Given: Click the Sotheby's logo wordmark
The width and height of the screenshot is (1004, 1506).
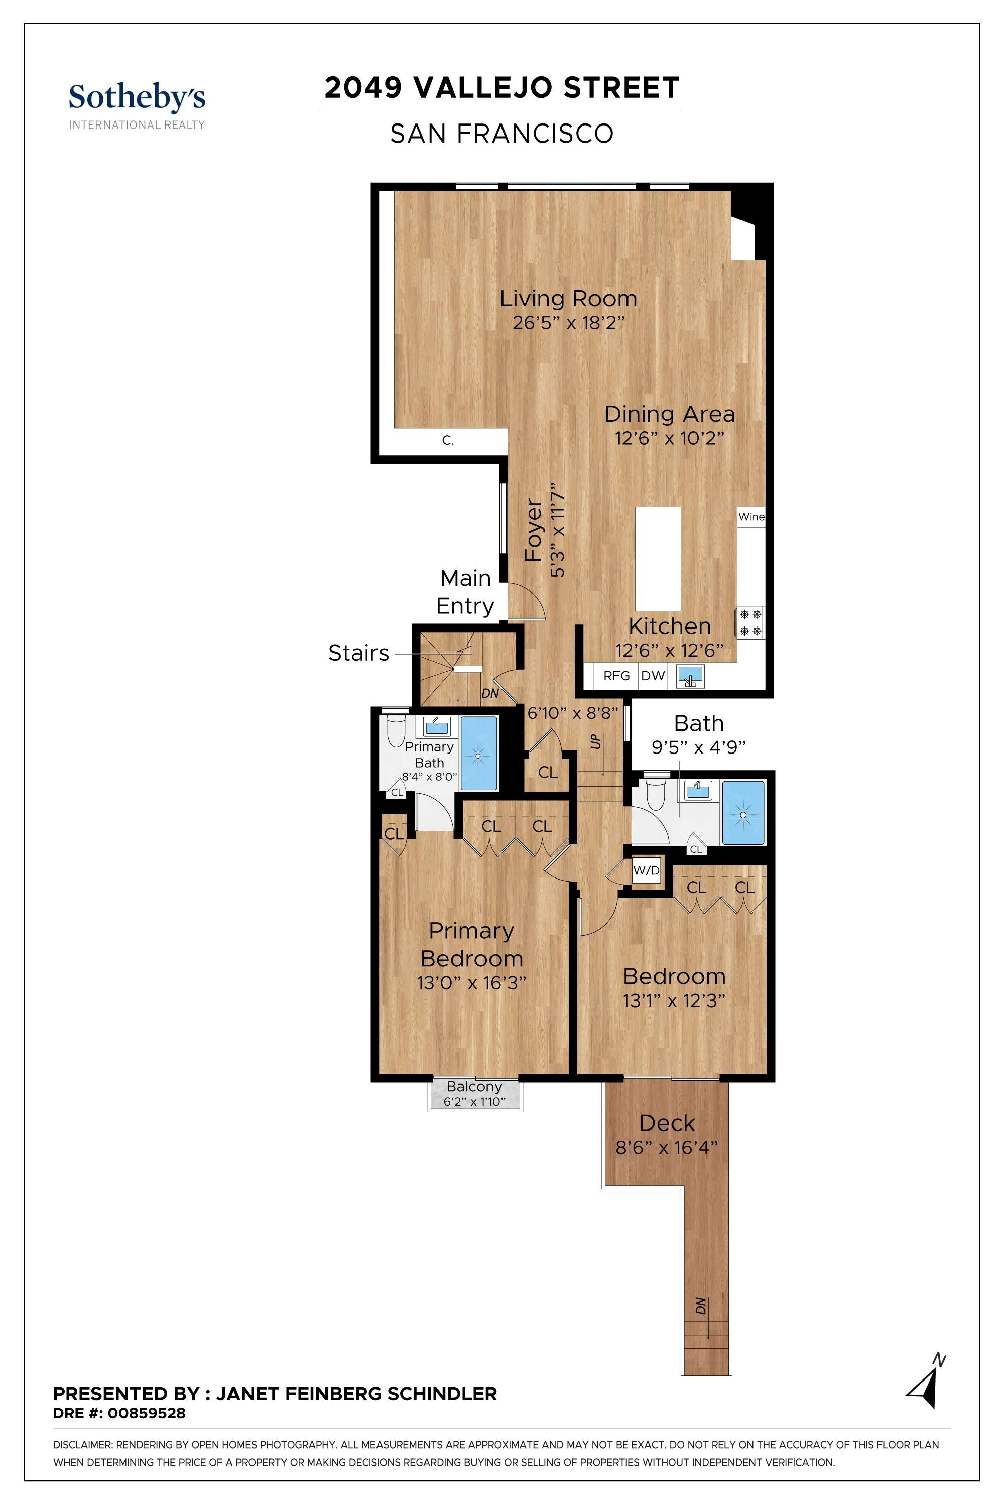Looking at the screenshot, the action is pyautogui.click(x=137, y=97).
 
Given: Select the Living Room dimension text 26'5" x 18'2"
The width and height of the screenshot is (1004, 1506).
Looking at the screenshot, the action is pyautogui.click(x=568, y=323).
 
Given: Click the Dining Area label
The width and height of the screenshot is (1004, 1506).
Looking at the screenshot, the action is pyautogui.click(x=670, y=414).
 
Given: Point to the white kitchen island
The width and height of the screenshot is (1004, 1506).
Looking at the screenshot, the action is pyautogui.click(x=658, y=558).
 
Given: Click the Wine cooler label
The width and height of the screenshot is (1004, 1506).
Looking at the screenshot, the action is pyautogui.click(x=751, y=516).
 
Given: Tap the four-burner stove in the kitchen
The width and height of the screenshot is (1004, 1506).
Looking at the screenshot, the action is pyautogui.click(x=750, y=622).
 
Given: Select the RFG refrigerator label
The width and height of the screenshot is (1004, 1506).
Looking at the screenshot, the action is pyautogui.click(x=616, y=676).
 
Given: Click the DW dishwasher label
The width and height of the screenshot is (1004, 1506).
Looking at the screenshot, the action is pyautogui.click(x=653, y=676).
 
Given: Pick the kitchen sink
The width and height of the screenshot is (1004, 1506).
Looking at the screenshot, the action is pyautogui.click(x=691, y=676).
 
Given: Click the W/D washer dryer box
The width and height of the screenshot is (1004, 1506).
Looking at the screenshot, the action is pyautogui.click(x=646, y=870).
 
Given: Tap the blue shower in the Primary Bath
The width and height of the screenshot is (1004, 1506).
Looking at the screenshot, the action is pyautogui.click(x=479, y=753).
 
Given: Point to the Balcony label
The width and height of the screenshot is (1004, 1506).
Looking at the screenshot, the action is pyautogui.click(x=474, y=1087).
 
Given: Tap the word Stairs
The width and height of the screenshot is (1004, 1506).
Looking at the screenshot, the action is pyautogui.click(x=358, y=653).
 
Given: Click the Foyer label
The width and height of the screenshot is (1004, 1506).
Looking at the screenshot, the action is pyautogui.click(x=533, y=530).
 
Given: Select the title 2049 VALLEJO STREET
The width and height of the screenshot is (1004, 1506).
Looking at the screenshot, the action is pyautogui.click(x=502, y=88).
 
